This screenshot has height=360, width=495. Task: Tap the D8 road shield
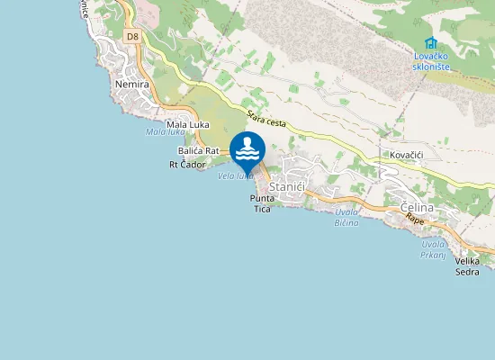pos(132,37)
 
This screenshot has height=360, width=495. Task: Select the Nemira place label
pos(132,84)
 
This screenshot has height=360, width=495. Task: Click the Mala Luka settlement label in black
pos(188,124)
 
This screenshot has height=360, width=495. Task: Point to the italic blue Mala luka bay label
pos(165,133)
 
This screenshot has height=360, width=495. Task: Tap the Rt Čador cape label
pos(188,165)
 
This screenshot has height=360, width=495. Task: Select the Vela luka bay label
pos(233,175)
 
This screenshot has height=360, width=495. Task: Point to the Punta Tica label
pos(261,203)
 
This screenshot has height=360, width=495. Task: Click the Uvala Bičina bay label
pos(346,217)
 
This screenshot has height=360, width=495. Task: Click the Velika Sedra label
pos(467,265)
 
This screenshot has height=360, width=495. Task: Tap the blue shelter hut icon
pos(430,42)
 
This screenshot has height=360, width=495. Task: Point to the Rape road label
pos(414,220)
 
